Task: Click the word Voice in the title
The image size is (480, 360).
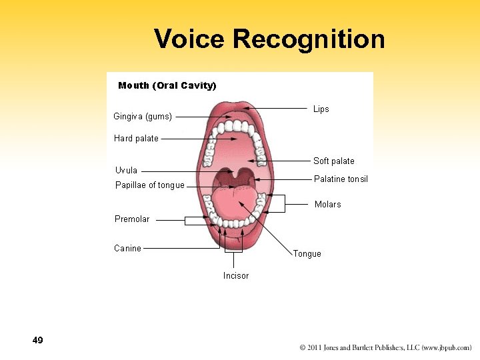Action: (x=190, y=39)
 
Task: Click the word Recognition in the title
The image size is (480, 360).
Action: (x=309, y=39)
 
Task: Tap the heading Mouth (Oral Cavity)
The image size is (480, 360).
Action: (x=167, y=85)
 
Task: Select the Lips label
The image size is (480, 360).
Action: (x=321, y=109)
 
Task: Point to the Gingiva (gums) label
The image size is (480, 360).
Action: (x=143, y=117)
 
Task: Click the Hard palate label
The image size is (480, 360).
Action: (x=136, y=139)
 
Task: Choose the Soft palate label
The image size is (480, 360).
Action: (x=334, y=161)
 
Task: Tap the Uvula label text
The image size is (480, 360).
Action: (x=126, y=170)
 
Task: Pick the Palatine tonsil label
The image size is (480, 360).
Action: (x=341, y=179)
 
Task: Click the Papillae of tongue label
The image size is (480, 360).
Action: (x=150, y=185)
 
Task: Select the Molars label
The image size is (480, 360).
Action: (x=328, y=204)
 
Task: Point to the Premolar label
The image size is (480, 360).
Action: (x=132, y=219)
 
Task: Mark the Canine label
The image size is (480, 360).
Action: (x=127, y=249)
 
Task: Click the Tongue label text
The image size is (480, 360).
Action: (x=307, y=254)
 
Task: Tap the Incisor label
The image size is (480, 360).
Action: (x=236, y=276)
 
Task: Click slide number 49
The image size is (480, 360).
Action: (x=37, y=341)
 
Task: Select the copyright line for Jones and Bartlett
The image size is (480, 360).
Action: (x=385, y=348)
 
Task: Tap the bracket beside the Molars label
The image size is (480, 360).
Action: (x=285, y=203)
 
